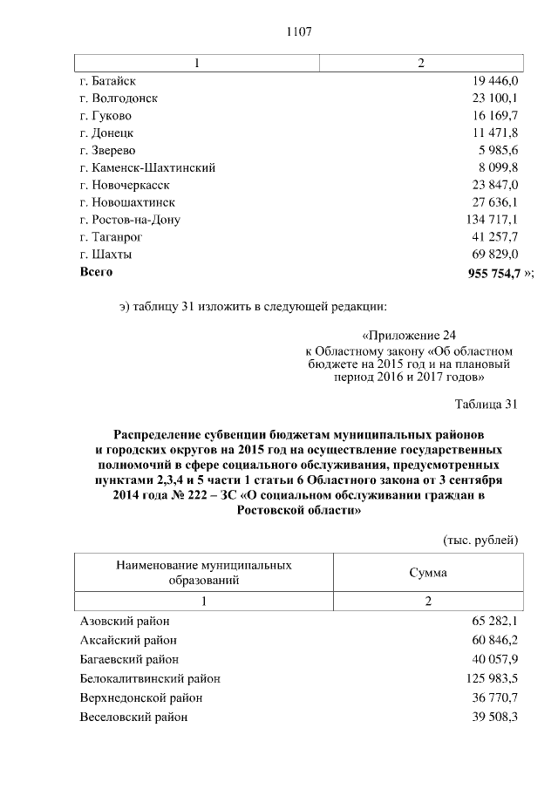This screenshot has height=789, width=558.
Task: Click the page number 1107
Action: click(298, 32)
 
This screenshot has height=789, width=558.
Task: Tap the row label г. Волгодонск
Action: click(118, 99)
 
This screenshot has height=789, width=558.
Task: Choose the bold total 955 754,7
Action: click(494, 273)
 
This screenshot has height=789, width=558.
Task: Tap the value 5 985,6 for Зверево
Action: click(499, 150)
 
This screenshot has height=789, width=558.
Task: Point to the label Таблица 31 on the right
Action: click(487, 404)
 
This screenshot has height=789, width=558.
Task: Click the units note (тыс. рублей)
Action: click(481, 541)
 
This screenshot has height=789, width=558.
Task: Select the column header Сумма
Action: click(428, 573)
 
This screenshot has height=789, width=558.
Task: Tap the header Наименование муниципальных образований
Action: click(203, 573)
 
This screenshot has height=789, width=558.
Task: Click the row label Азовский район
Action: click(125, 621)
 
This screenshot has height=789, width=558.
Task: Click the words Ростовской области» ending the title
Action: click(299, 512)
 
